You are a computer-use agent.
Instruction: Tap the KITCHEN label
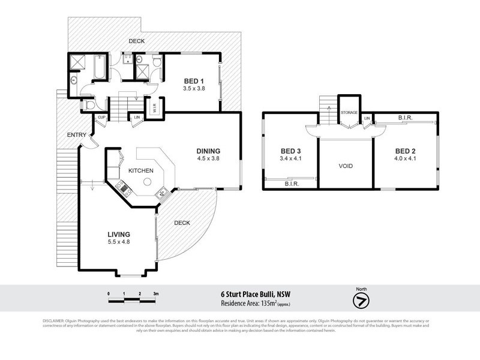(141, 171)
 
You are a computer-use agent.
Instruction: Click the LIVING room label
(119, 234)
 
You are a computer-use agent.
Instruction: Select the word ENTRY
(77, 135)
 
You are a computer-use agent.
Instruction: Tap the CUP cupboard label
(101, 117)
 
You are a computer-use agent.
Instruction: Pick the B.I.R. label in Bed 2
(406, 119)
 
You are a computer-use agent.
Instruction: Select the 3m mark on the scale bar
(155, 293)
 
